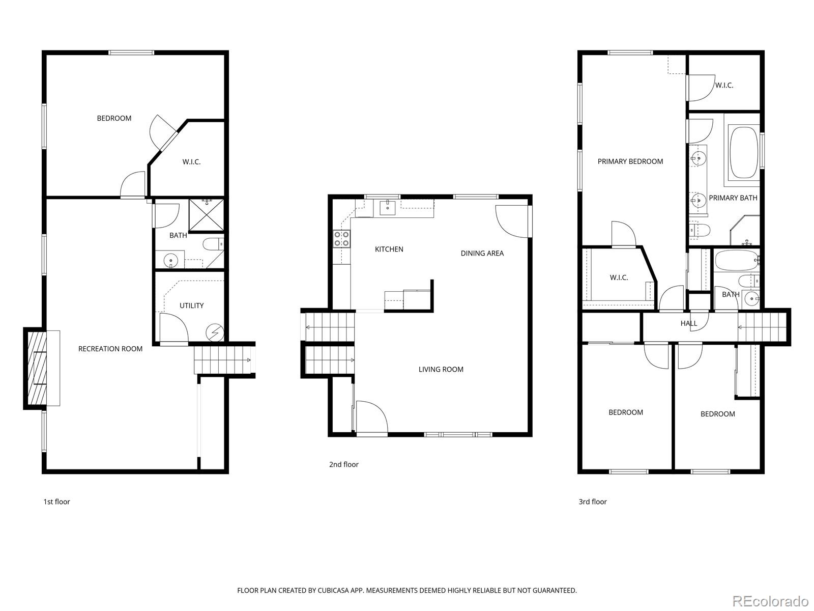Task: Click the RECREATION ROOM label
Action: click(110, 349)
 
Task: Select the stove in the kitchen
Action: click(342, 239)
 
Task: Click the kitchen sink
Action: click(388, 207)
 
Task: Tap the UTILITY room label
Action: click(192, 305)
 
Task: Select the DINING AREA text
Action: click(482, 253)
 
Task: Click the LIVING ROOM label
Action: click(441, 369)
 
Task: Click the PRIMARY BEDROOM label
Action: click(630, 161)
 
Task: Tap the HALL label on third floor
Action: click(689, 323)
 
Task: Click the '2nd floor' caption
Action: click(344, 464)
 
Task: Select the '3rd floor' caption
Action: click(593, 502)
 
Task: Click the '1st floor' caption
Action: click(56, 502)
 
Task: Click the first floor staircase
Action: click(223, 360)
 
